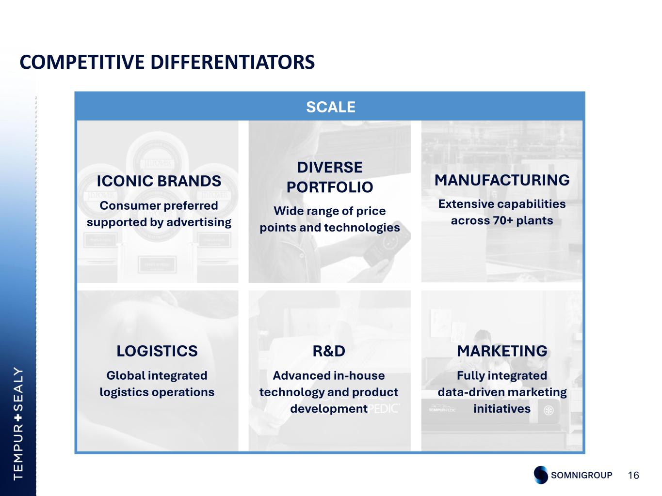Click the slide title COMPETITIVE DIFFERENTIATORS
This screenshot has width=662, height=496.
pyautogui.click(x=167, y=62)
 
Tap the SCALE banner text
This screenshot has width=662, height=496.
pyautogui.click(x=330, y=107)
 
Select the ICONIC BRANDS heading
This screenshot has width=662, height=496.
pyautogui.click(x=159, y=181)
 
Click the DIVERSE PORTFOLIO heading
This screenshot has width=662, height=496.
pyautogui.click(x=330, y=177)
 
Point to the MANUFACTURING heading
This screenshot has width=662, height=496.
pyautogui.click(x=502, y=180)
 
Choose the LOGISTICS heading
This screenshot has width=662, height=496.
pyautogui.click(x=157, y=351)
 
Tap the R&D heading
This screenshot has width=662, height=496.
pyautogui.click(x=329, y=351)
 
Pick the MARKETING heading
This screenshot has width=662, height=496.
pyautogui.click(x=502, y=351)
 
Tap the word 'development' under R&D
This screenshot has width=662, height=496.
pyautogui.click(x=329, y=409)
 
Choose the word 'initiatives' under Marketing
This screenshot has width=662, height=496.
pyautogui.click(x=502, y=409)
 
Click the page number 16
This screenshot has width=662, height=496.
pyautogui.click(x=633, y=475)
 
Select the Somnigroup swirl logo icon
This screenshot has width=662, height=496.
pyautogui.click(x=541, y=475)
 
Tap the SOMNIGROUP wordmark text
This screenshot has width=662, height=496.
pyautogui.click(x=581, y=475)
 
